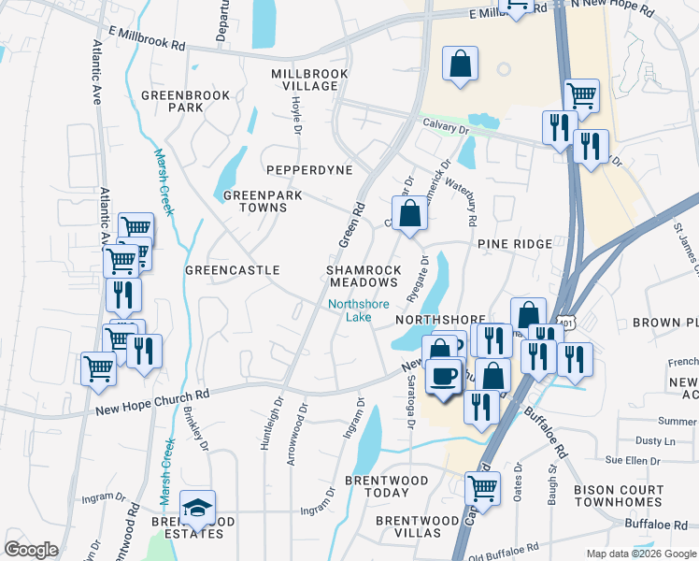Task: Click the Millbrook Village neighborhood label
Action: [x=304, y=79]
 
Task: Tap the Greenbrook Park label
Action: [x=173, y=101]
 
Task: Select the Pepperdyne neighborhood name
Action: [x=309, y=170]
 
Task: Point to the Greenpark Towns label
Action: [x=255, y=201]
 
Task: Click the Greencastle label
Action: [x=233, y=270]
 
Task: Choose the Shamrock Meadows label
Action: [x=364, y=276]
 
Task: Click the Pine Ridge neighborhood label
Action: [x=515, y=243]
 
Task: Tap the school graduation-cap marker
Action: [x=197, y=508]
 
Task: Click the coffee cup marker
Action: [x=443, y=377]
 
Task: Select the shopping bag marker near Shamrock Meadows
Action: [x=409, y=213]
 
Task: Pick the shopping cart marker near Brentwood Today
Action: [x=482, y=487]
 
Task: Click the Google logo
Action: [x=31, y=550]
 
